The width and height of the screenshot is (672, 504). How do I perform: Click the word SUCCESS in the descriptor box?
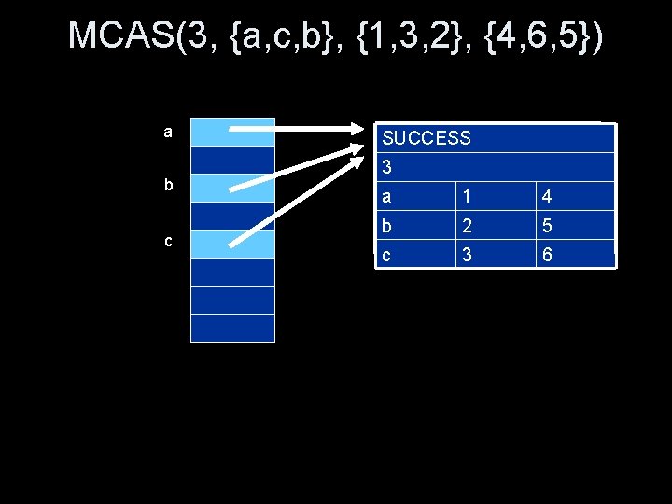coord(427,138)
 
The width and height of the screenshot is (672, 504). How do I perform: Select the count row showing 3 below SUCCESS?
coord(387,168)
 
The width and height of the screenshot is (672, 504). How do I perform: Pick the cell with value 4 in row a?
coord(547,197)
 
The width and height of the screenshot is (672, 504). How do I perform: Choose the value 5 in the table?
coord(547,225)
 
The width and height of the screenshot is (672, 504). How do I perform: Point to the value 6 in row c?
coord(547,253)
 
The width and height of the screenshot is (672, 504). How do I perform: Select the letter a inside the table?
coord(387,197)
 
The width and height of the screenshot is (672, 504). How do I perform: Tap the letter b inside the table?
coord(387,225)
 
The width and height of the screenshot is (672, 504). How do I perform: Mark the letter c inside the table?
coord(387,253)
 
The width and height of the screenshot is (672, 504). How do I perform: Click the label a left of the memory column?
coord(168,132)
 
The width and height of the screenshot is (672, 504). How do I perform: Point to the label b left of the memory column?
coord(168,185)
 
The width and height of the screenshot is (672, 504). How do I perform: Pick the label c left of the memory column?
coord(168,241)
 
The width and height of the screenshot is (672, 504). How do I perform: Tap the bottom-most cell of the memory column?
coord(232,328)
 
